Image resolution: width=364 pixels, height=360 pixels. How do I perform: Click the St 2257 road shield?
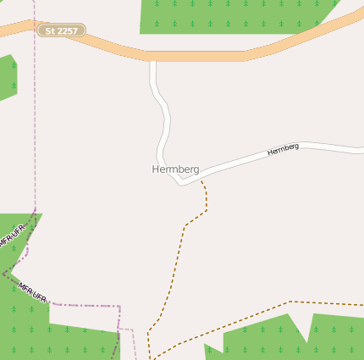coord(61,31)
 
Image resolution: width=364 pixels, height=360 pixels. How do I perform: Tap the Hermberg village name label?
coord(175,169)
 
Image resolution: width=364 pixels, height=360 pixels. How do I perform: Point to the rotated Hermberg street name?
coord(283,149)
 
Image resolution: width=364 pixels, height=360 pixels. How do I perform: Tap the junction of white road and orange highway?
coord(153,59)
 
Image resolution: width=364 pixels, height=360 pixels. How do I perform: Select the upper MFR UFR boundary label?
coord(12,235)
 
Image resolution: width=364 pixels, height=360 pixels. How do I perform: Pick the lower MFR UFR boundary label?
coord(32,293)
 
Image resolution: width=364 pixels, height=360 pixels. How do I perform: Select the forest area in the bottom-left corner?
coord(51,335)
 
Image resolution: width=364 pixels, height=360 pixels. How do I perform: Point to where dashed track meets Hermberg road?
coord(201,179)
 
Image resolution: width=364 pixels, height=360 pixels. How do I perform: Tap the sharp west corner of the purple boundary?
coord(4,273)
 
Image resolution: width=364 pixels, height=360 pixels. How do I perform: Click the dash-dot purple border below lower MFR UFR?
coord(85,305)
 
